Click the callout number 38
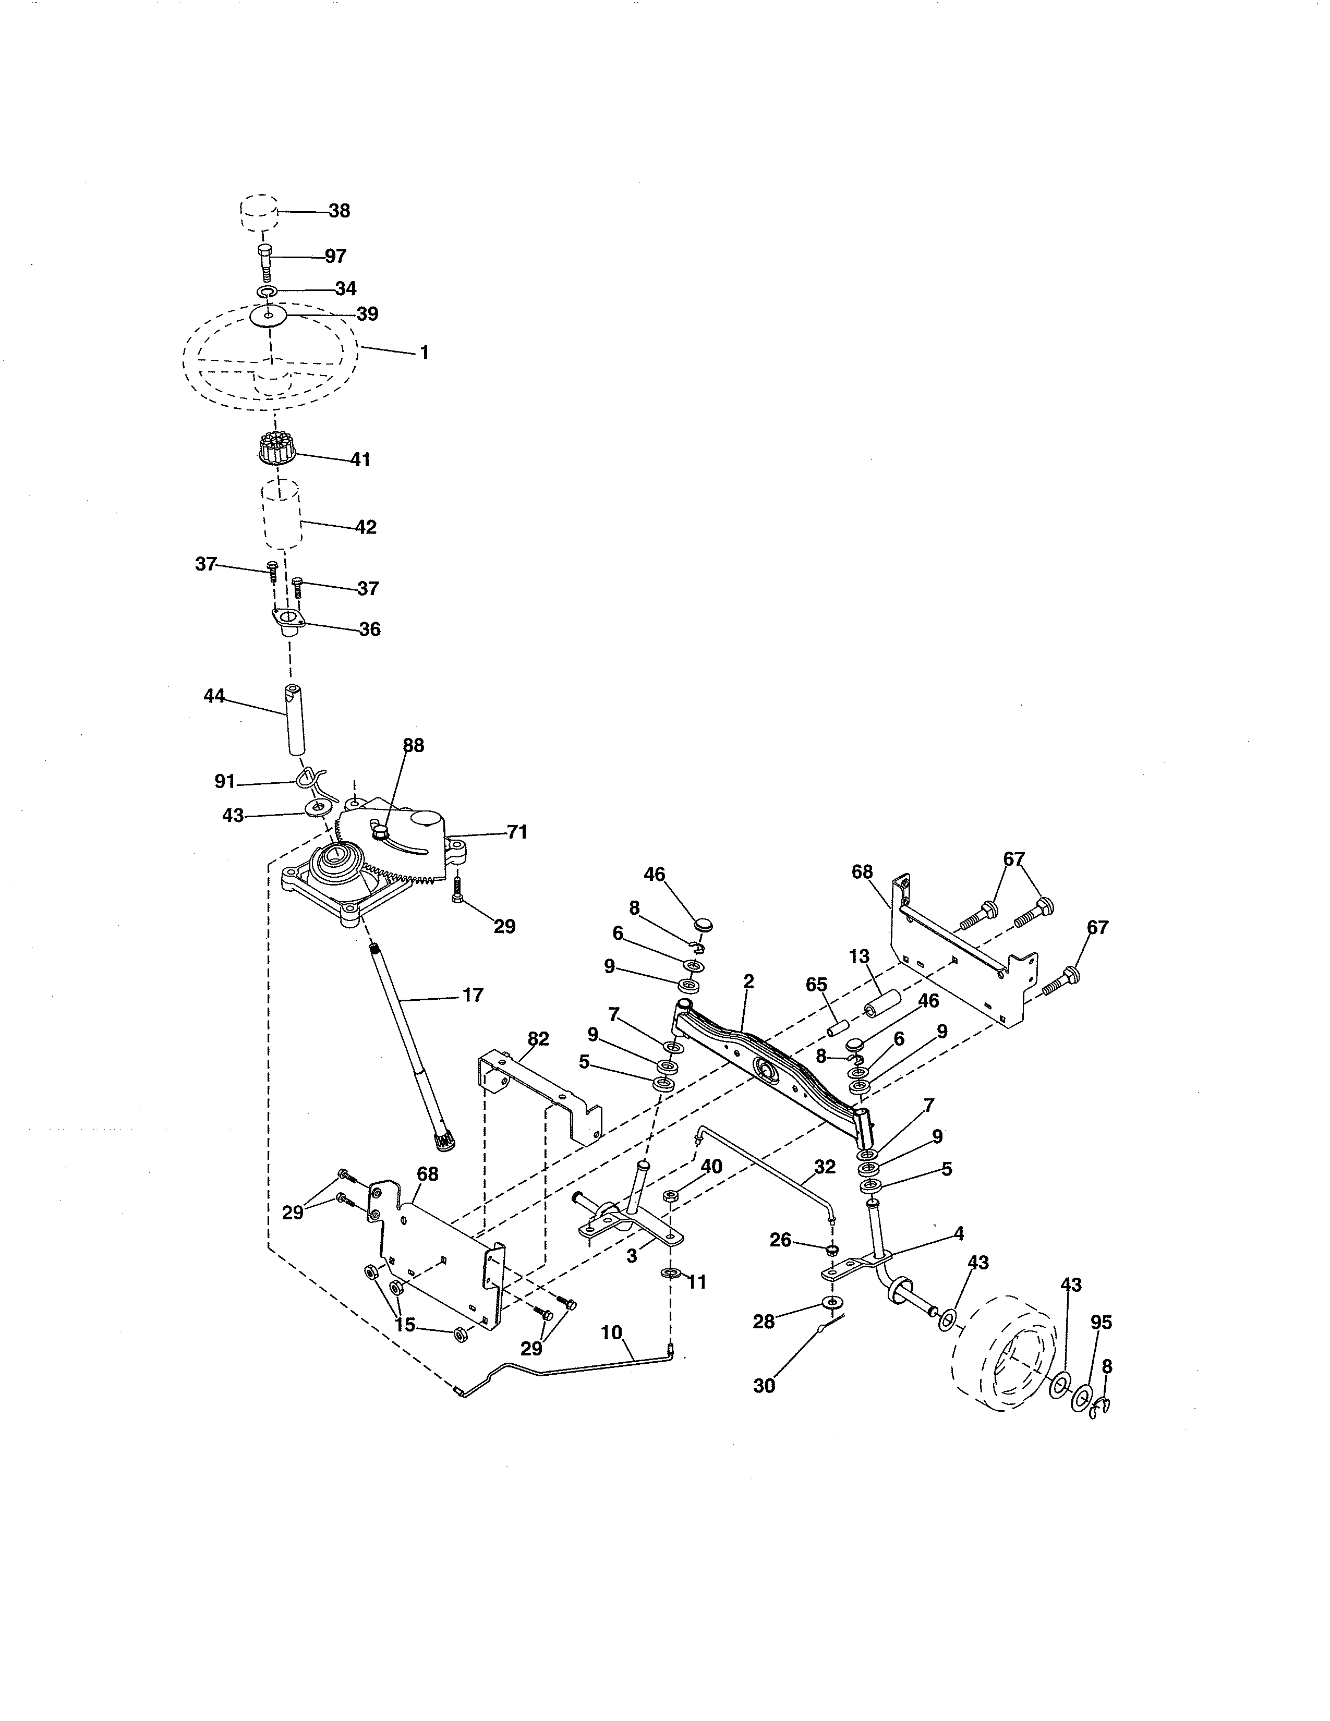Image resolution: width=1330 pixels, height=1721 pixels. pos(339,211)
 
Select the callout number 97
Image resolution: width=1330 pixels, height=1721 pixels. pos(336,256)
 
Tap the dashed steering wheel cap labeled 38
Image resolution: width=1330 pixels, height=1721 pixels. pos(258,212)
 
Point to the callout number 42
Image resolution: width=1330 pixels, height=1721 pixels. pos(366,527)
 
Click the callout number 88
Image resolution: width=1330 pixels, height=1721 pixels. pos(413,745)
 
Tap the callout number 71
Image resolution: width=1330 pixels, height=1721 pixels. pos(517,832)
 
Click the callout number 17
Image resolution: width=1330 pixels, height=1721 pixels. pos(472,995)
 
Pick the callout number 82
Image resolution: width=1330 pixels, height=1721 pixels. pos(538,1038)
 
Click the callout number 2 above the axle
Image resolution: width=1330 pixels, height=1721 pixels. pos(748,981)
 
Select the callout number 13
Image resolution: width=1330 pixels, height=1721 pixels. pos(859,956)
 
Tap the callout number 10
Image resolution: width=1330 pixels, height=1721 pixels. pos(611,1332)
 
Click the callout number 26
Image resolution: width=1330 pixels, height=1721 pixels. pos(780,1240)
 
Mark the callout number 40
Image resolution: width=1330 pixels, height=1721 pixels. pos(711,1166)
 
